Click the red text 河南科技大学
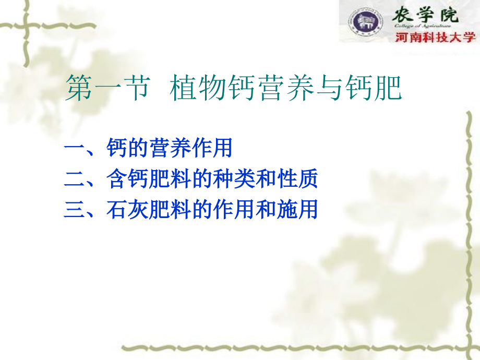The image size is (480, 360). point(435,38)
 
